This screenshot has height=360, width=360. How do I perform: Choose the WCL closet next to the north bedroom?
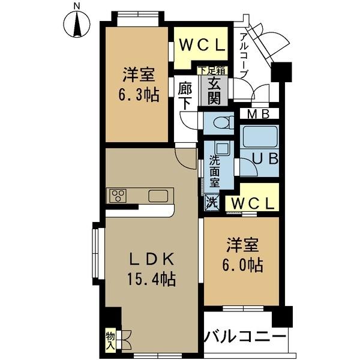[x=201, y=46]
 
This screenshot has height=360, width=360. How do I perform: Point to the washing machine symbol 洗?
[x=211, y=202]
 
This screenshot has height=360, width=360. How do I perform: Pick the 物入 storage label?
[x=110, y=340]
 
